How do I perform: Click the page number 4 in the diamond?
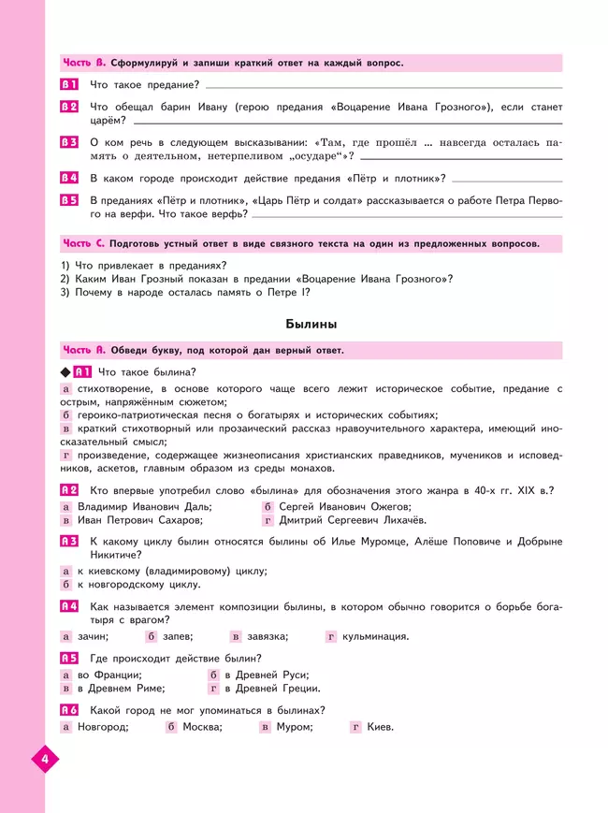(44, 759)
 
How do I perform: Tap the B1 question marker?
(68, 85)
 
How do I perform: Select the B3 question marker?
(68, 142)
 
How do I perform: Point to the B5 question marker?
(68, 200)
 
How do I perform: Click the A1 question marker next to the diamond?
(81, 371)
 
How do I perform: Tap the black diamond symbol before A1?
(65, 371)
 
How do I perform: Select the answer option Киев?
(380, 727)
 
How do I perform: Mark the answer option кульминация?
(375, 636)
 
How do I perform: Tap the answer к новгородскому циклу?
(138, 584)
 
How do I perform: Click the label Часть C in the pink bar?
(82, 243)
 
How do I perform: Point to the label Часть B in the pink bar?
(82, 63)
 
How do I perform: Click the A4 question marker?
(68, 606)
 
